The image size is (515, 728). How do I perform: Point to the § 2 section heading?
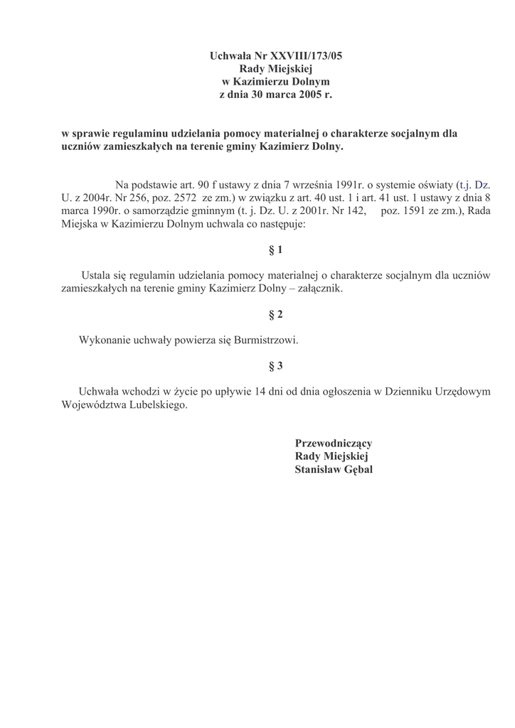tap(275, 314)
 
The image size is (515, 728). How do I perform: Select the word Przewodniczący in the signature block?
tap(334, 443)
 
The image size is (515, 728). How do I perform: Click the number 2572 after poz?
tap(175, 199)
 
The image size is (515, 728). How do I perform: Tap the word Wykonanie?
tap(105, 340)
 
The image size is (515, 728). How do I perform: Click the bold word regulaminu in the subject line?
tap(139, 133)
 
